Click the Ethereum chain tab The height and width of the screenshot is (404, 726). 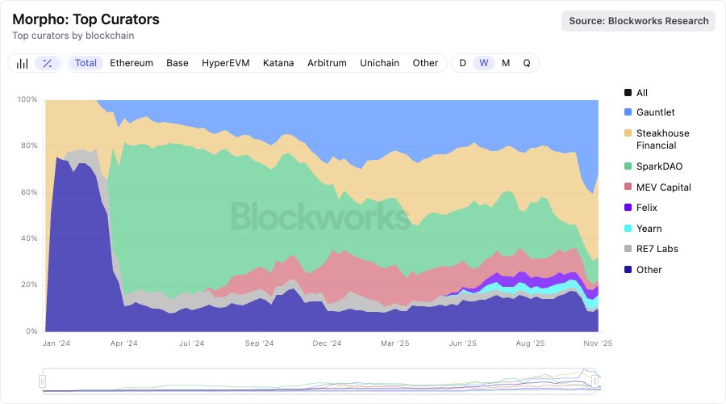(131, 63)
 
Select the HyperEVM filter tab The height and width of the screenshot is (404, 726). (226, 63)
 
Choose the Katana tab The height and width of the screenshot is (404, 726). (278, 63)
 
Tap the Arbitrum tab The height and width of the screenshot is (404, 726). (327, 63)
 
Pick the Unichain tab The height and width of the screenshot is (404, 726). (380, 63)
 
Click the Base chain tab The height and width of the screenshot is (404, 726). (177, 63)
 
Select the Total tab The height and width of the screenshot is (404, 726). (86, 63)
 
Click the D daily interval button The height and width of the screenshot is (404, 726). (463, 63)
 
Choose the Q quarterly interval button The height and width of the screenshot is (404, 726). (527, 63)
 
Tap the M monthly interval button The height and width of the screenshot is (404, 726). (506, 63)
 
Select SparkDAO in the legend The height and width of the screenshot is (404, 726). (658, 166)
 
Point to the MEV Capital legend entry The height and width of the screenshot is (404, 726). (663, 187)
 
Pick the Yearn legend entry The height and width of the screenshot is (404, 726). (649, 229)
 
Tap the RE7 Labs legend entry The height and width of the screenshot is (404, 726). (657, 249)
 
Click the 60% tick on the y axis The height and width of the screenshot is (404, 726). (28, 192)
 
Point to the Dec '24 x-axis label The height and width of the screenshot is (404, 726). (327, 343)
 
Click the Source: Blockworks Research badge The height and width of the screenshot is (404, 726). (639, 21)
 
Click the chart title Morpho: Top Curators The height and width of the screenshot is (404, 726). (86, 19)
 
